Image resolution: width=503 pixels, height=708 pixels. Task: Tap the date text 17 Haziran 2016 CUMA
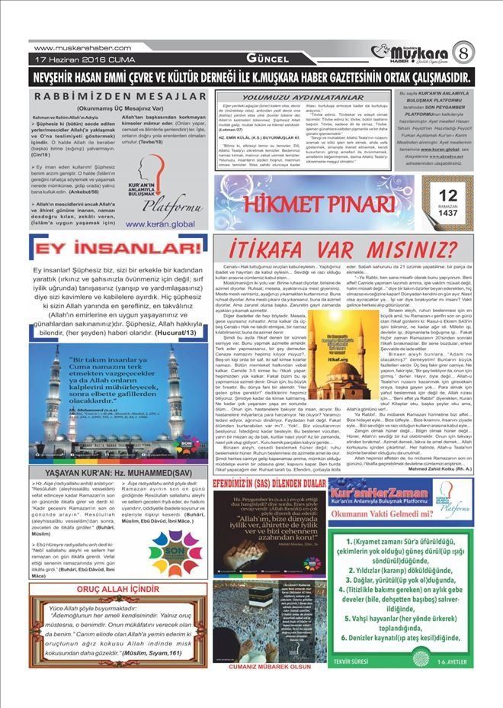click(79, 60)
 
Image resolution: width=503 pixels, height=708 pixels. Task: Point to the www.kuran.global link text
click(159, 224)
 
